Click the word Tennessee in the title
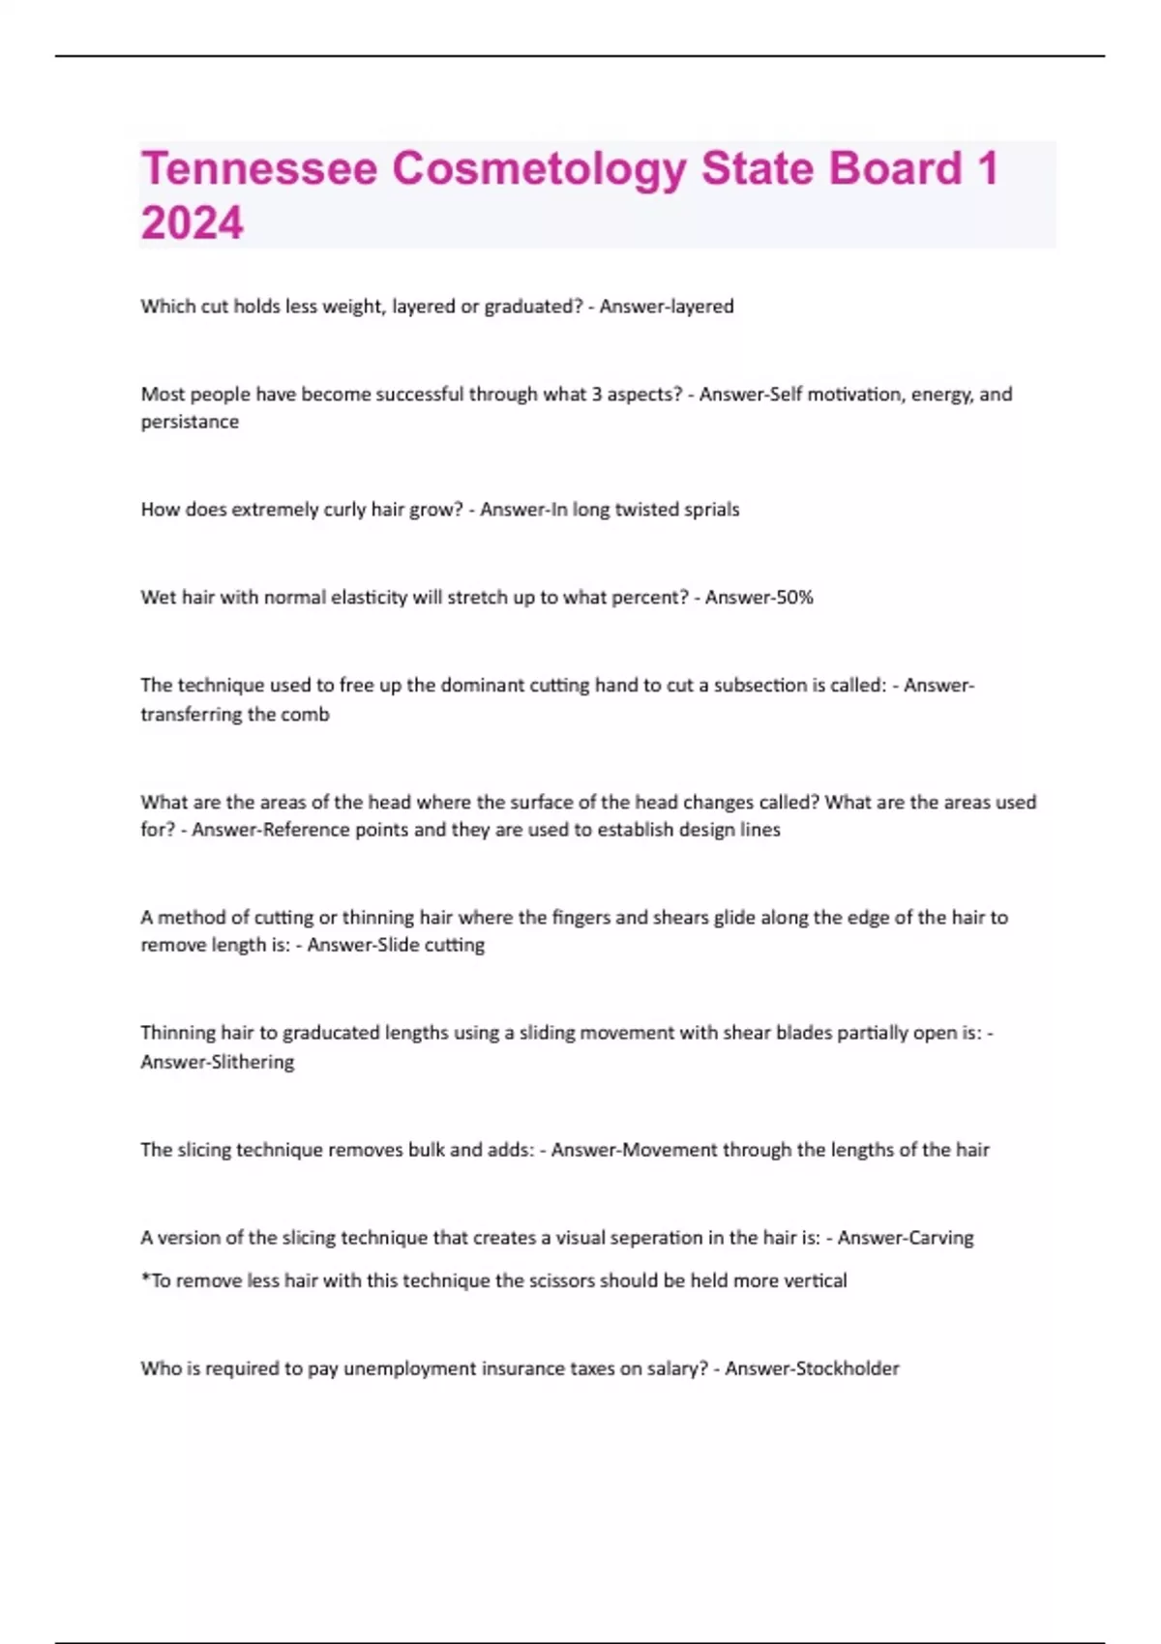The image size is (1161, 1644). click(258, 168)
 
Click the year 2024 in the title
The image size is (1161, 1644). click(192, 223)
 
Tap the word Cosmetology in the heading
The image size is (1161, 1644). click(539, 168)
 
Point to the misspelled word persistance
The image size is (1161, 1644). click(190, 422)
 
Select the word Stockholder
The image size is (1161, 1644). click(847, 1368)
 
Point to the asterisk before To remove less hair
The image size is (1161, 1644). click(145, 1278)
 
